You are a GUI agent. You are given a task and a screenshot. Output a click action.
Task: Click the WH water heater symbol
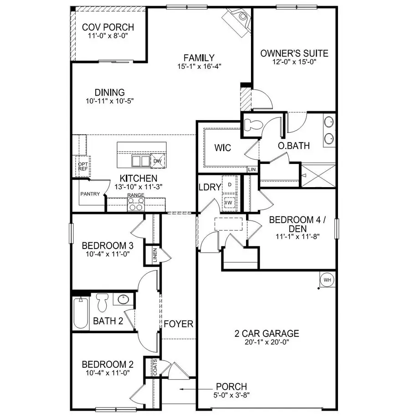click(327, 280)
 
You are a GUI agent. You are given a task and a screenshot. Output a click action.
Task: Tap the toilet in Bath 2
click(102, 301)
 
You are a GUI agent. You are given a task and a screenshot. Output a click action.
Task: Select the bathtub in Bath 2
click(81, 313)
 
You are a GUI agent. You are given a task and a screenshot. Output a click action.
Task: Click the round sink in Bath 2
click(122, 300)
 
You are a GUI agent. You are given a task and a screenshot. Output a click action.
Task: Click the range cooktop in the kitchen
click(136, 205)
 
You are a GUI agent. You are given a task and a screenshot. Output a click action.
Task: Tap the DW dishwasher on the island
click(157, 161)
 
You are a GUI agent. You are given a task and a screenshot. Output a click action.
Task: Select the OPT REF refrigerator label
click(82, 167)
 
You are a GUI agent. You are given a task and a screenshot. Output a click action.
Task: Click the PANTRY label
click(90, 194)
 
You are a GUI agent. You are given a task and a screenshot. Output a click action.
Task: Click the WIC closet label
click(223, 148)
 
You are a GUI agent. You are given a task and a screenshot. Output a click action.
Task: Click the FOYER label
click(179, 324)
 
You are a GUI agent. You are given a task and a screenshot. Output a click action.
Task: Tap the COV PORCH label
click(108, 27)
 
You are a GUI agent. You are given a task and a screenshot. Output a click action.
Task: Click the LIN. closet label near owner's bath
click(252, 169)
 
